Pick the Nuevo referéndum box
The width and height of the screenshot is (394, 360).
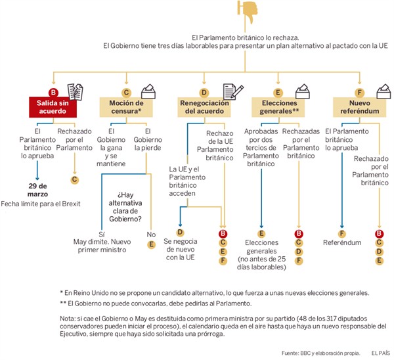point(358,108)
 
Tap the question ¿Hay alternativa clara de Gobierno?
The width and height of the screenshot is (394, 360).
point(135,208)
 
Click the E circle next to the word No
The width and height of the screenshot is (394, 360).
point(151,244)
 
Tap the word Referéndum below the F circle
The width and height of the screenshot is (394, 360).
point(341,242)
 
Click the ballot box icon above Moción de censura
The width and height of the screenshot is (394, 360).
point(150,90)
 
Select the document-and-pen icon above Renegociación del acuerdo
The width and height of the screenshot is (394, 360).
point(229,90)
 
